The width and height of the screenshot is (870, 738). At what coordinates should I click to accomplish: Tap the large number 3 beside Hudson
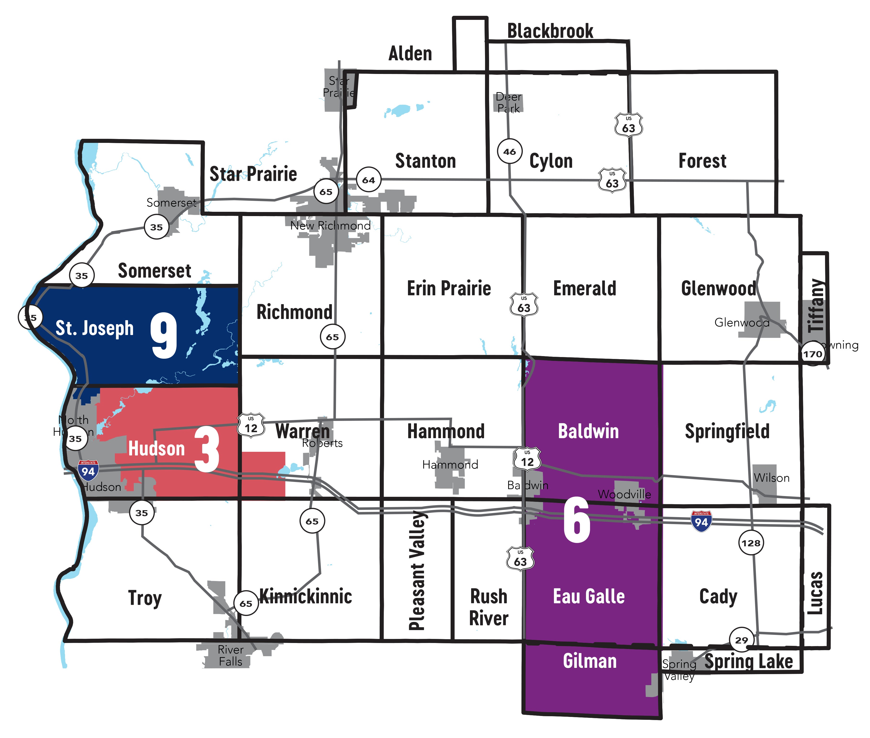[x=207, y=449]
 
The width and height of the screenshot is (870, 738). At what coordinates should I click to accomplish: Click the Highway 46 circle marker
[x=509, y=151]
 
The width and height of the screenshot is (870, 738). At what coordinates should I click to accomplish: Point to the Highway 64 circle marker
[x=368, y=180]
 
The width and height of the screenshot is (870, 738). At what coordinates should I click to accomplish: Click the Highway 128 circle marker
[x=751, y=543]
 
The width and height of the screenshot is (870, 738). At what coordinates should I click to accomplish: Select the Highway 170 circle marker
[x=812, y=354]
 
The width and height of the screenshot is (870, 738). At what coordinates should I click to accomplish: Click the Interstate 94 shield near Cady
[x=702, y=521]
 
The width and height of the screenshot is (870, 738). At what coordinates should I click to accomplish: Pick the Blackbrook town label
[x=550, y=31]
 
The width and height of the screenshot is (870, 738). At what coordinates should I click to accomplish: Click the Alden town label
[x=410, y=54]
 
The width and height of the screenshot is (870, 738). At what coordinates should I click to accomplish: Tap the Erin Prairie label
[x=449, y=288]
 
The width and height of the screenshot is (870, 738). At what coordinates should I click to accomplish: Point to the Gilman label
[x=590, y=661]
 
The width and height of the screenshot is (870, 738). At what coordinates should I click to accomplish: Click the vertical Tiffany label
[x=816, y=305]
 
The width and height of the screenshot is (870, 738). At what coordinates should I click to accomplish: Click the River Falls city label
[x=230, y=656]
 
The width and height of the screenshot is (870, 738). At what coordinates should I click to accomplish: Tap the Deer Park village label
[x=509, y=102]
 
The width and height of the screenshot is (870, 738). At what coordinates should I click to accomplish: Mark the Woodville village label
[x=624, y=494]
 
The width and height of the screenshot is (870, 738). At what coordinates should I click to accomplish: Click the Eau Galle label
[x=589, y=596]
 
